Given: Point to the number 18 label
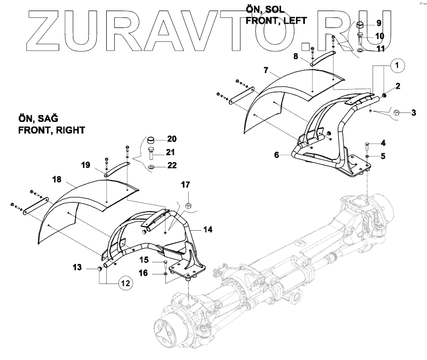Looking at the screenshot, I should [57, 179].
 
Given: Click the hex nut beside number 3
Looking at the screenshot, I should [397, 112].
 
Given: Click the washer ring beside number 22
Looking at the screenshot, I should [152, 167].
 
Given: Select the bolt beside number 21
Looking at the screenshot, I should [152, 154].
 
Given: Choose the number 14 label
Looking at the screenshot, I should [208, 230].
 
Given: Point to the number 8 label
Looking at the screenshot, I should [295, 55].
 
